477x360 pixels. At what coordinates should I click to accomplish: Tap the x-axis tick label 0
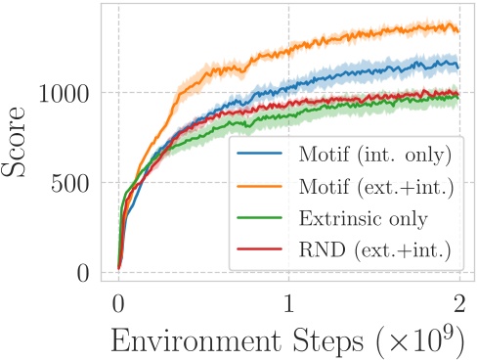tap(118, 302)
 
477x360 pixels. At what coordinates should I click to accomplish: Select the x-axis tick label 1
tap(288, 302)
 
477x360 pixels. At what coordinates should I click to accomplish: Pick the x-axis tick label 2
tap(459, 302)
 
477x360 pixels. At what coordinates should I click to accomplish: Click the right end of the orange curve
tap(458, 30)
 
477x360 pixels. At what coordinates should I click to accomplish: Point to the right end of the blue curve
tap(458, 67)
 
